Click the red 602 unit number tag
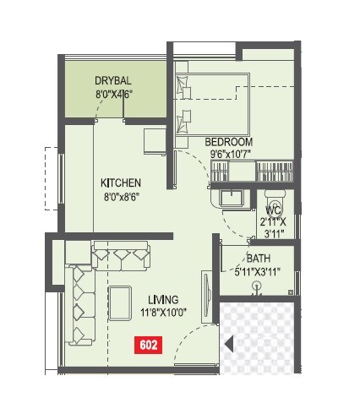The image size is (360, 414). (x=147, y=344)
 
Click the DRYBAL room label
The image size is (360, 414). (x=113, y=80)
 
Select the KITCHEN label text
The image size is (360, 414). (x=121, y=183)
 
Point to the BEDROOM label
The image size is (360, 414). (x=228, y=141)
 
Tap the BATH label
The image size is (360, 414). (x=259, y=259)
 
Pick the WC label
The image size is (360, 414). (x=273, y=210)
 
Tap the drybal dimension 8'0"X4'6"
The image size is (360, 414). (x=113, y=95)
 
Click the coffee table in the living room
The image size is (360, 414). (x=118, y=303)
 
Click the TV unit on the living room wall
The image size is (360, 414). (x=204, y=296)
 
